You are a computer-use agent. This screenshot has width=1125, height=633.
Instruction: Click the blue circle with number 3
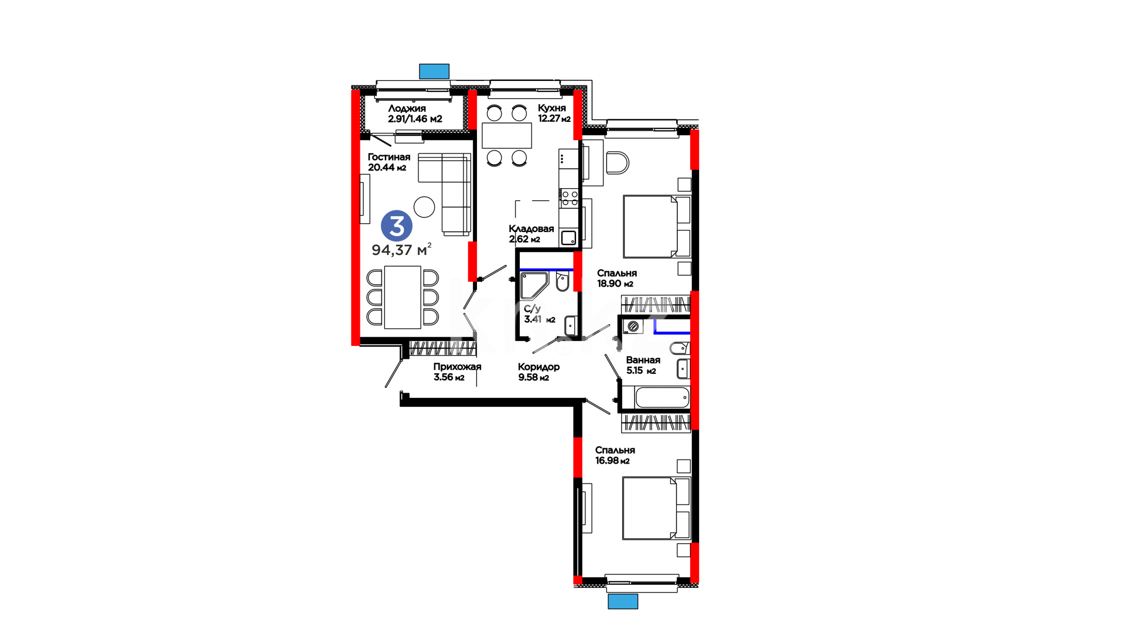pos(397,226)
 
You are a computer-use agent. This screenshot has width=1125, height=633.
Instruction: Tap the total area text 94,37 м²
pos(401,250)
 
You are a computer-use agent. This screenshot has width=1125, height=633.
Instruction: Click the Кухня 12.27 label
pos(554,113)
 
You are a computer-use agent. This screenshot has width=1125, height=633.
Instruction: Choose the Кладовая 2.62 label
pos(531,233)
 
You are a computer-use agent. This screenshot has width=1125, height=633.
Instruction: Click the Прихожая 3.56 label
pos(457,372)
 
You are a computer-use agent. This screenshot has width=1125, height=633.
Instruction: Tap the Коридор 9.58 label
pos(538,372)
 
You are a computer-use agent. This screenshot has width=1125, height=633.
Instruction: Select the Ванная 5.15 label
pos(643,365)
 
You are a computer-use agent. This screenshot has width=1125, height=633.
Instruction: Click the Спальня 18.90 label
pos(616,278)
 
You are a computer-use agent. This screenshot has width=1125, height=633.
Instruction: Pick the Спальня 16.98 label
pos(615,455)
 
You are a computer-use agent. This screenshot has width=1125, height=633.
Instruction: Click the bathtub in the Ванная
pos(662,397)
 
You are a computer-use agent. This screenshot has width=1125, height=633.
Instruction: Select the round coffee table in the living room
pos(424,206)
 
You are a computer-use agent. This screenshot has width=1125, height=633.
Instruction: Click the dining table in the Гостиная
pos(403,297)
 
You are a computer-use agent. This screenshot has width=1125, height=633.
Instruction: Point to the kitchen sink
pos(568,238)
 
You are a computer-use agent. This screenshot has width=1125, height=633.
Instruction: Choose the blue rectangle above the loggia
pos(434,71)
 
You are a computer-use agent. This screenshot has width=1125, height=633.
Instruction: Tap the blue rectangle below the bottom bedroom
pos(623,601)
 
